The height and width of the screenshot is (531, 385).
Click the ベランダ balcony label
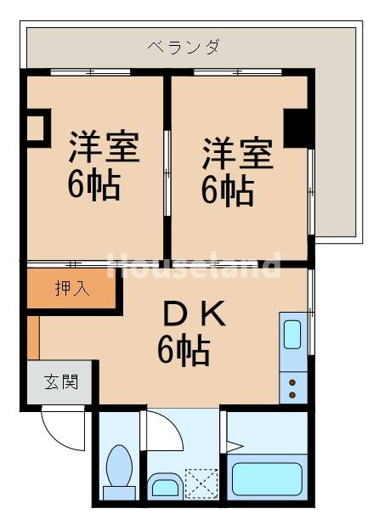pyautogui.click(x=183, y=47)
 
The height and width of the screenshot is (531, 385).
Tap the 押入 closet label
pyautogui.click(x=71, y=289)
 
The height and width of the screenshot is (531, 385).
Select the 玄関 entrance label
pyautogui.click(x=61, y=381)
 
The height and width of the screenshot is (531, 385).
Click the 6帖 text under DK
pyautogui.click(x=184, y=349)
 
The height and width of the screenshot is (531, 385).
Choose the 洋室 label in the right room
pyautogui.click(x=237, y=155)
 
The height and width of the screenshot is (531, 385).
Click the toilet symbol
pyautogui.click(x=117, y=472)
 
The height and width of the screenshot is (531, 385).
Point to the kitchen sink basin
pyautogui.click(x=293, y=334)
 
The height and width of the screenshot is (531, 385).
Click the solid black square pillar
pyautogui.click(x=296, y=127)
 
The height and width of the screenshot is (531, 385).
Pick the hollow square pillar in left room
pyautogui.click(x=35, y=127)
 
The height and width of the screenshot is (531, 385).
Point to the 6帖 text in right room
pyautogui.click(x=227, y=190)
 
